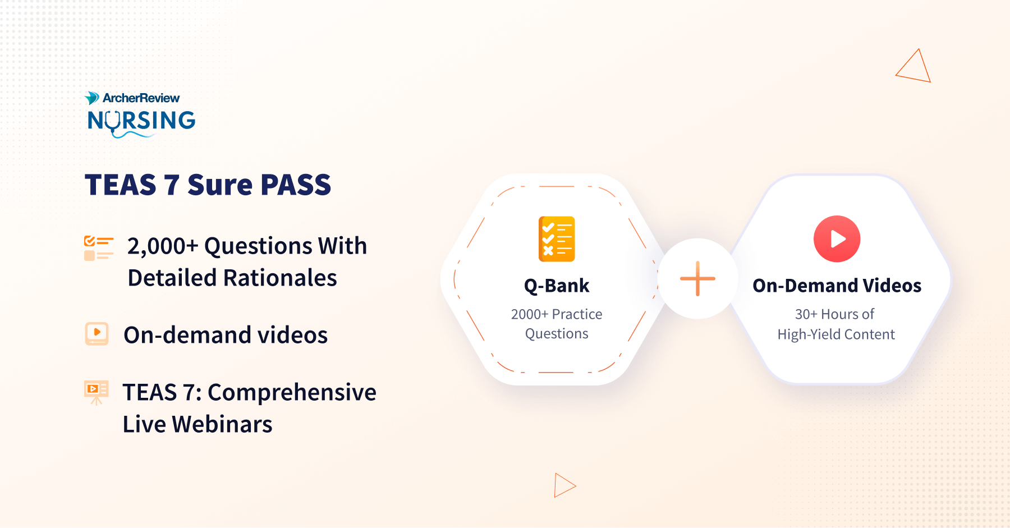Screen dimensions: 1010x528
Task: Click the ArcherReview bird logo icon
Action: click(91, 98)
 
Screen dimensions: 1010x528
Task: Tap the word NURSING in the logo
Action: click(141, 121)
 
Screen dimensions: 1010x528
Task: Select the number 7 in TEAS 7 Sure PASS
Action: click(171, 185)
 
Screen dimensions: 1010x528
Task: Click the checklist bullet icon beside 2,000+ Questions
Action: click(99, 248)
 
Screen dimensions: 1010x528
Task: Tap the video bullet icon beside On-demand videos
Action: click(97, 333)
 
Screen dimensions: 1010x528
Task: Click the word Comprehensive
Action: click(292, 393)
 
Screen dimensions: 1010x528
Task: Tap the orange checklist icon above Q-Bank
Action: click(557, 239)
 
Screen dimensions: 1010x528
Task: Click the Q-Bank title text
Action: click(557, 286)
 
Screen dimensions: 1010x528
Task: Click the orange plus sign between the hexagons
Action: click(697, 278)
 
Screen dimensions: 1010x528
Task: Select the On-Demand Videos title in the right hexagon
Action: click(837, 286)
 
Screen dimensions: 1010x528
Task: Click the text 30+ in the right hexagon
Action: click(806, 314)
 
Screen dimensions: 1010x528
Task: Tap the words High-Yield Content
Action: click(836, 334)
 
